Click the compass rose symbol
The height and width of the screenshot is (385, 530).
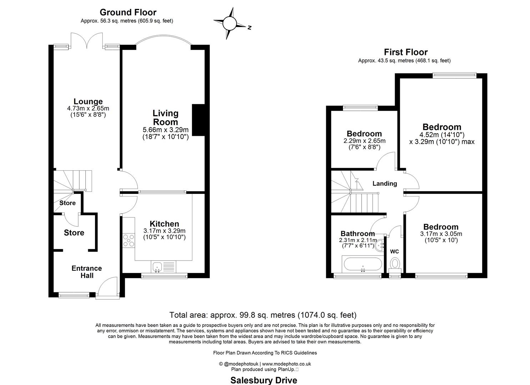pos(229,24)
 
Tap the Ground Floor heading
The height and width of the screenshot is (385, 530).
pos(128,12)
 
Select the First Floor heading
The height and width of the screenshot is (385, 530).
pos(405,52)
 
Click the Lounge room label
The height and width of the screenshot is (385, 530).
pos(88,102)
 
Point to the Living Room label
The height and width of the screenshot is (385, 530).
pos(165,118)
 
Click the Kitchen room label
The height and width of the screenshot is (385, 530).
pos(164,224)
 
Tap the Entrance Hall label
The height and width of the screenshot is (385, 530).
pos(87,272)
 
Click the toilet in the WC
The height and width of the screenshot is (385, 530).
pos(395,264)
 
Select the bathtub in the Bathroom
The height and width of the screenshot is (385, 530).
pos(362,264)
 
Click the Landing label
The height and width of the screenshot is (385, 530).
pos(385,184)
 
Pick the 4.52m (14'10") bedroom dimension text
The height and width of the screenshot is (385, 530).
pos(442,135)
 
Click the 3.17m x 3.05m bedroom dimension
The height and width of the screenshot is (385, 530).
pos(441,234)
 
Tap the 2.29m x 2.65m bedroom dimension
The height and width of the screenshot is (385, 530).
pos(364,141)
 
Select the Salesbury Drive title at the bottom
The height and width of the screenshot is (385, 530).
pos(264,380)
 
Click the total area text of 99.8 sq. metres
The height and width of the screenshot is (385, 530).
pos(263,315)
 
